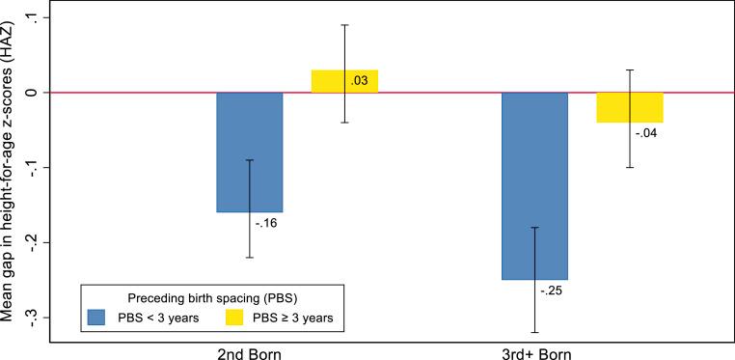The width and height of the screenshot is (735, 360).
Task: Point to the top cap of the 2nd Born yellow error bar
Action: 344,25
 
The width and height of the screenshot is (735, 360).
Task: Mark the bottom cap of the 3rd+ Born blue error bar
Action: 534,332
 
